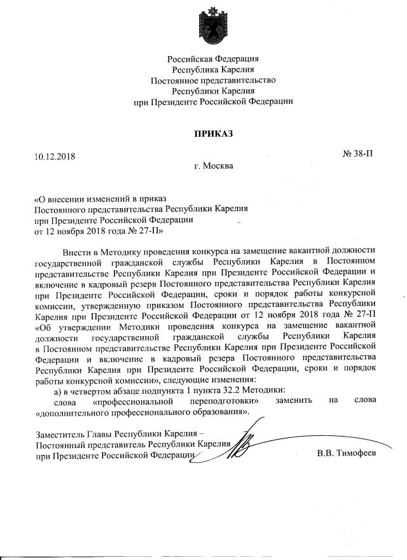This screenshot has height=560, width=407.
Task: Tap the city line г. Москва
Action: click(214, 166)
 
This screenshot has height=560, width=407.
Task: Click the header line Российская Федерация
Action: click(214, 59)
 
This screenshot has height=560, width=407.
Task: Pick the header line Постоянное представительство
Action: click(214, 80)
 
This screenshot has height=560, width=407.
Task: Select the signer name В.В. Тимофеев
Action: click(347, 452)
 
